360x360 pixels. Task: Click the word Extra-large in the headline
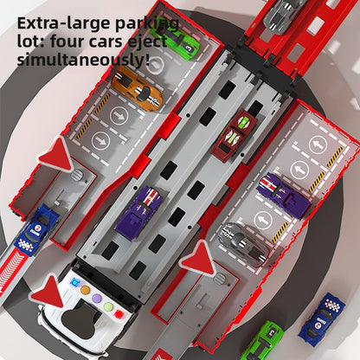coord(64,23)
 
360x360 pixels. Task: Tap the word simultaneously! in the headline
coord(84,60)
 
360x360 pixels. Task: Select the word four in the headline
coord(67,42)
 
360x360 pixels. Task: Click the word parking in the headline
coord(147,24)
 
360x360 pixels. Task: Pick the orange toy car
coord(138,89)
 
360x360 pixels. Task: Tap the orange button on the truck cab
coord(85,290)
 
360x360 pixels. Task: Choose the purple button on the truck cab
coord(97,299)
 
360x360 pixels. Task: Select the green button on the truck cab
coord(108,306)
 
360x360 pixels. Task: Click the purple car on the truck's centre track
coord(139,213)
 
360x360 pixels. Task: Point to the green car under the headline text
coord(177,41)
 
